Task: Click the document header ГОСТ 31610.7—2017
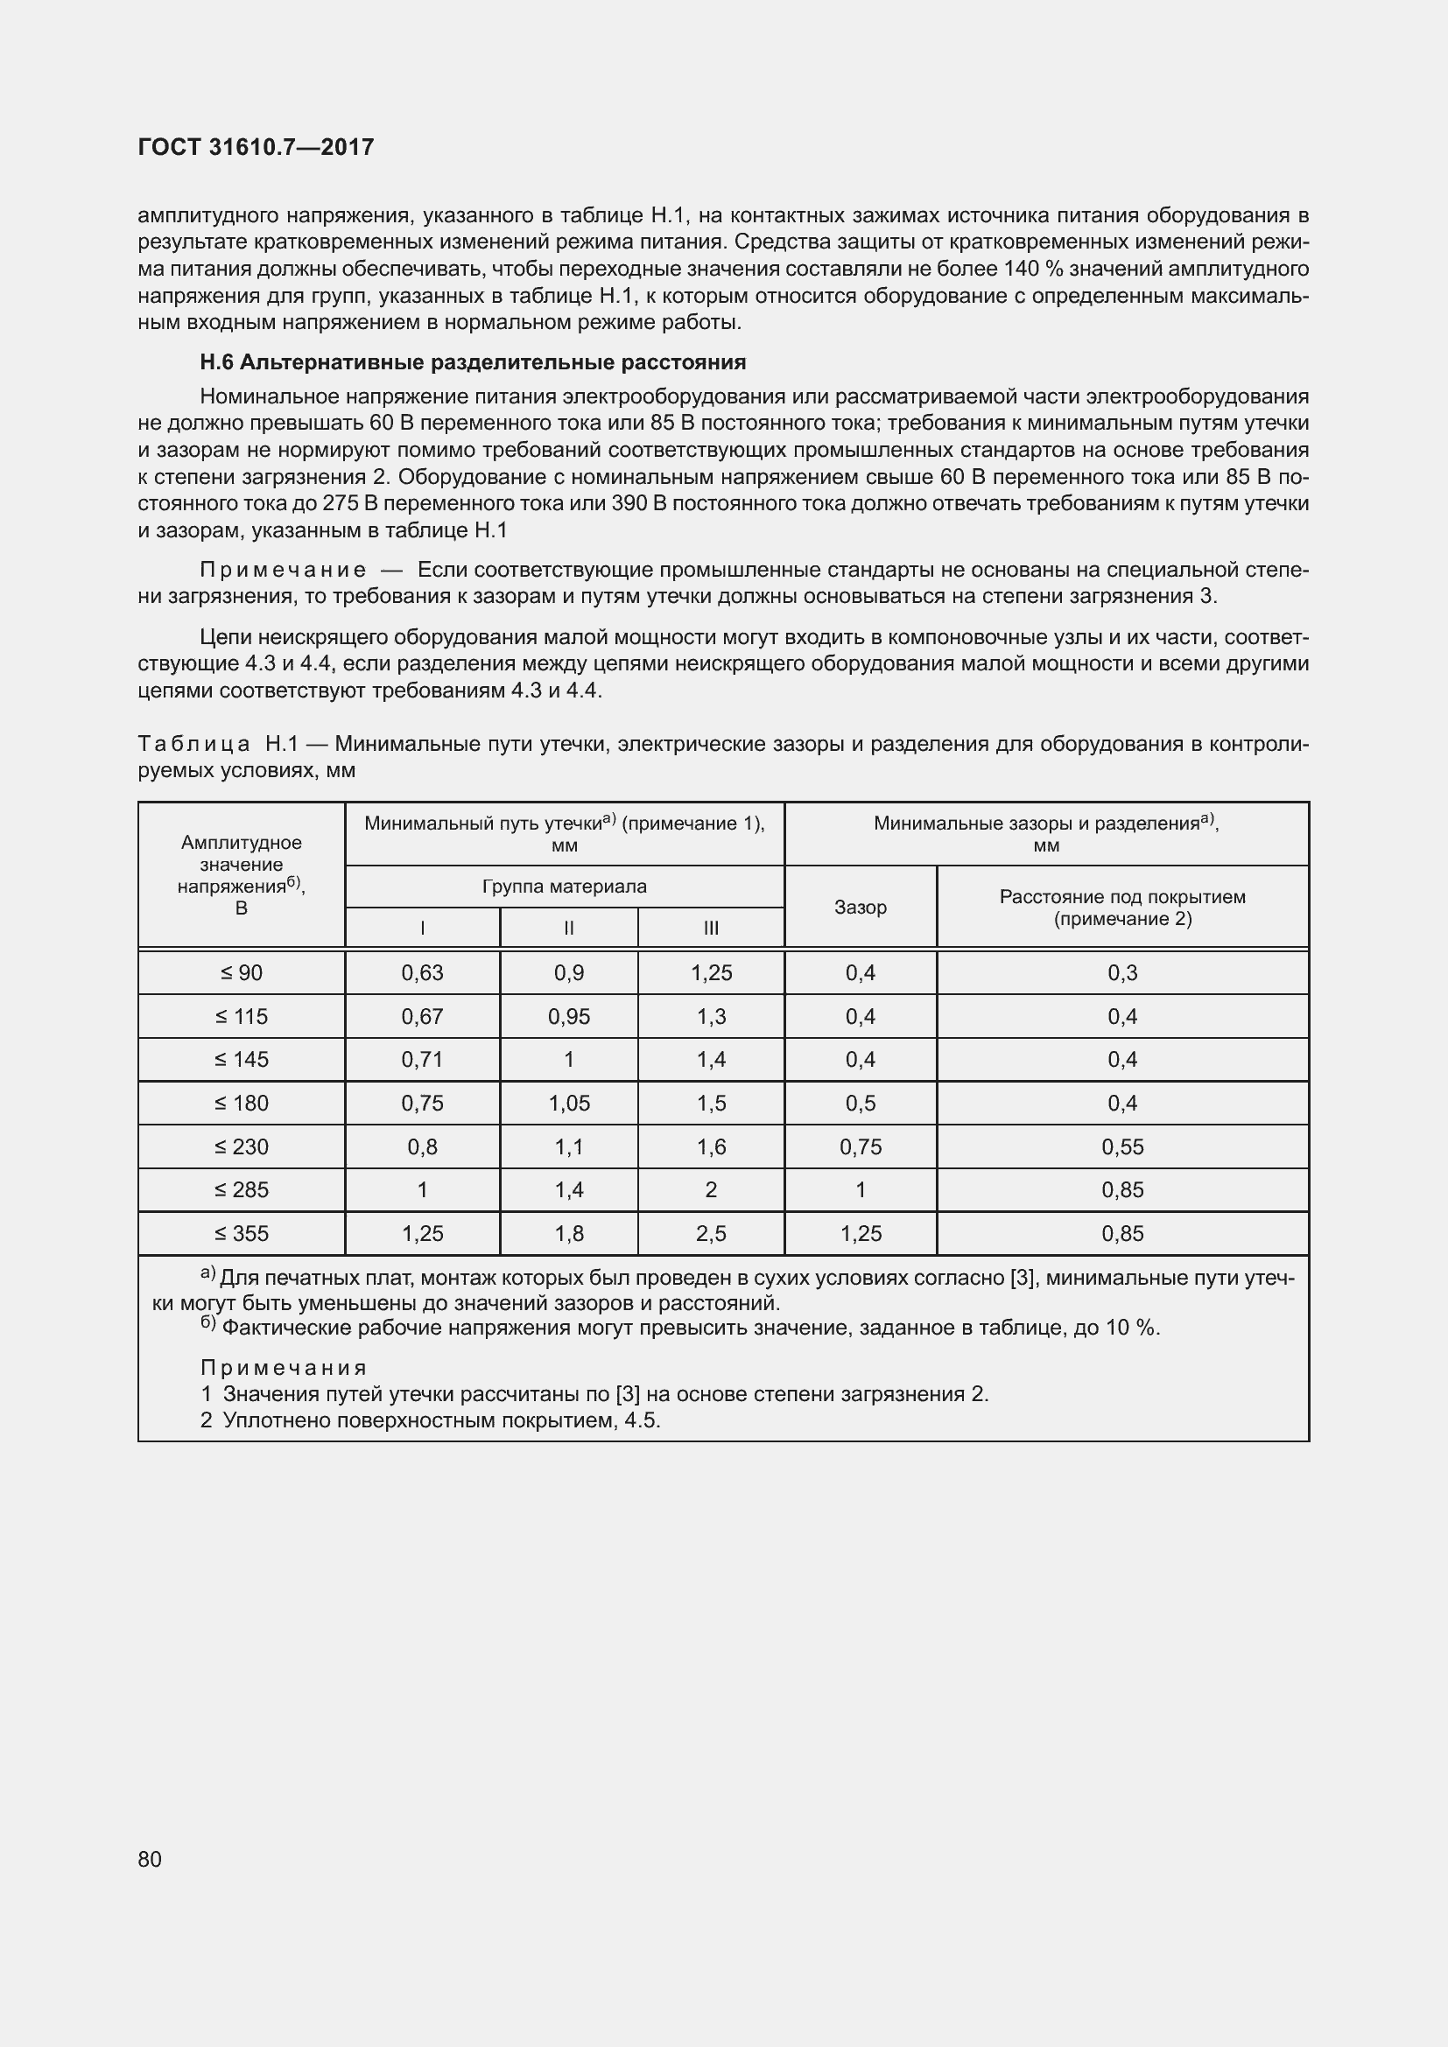(x=256, y=147)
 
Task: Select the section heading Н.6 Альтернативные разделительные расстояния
(x=473, y=362)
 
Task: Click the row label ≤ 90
(x=241, y=972)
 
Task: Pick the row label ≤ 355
(x=241, y=1233)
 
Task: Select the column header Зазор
(x=860, y=907)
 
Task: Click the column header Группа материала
(x=565, y=887)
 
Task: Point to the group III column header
(x=711, y=928)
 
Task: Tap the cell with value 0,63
(x=422, y=972)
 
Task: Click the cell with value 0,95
(x=569, y=1016)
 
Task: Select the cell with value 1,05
(x=569, y=1103)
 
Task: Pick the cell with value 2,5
(x=711, y=1233)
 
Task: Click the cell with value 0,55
(x=1121, y=1146)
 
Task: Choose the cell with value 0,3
(x=1121, y=972)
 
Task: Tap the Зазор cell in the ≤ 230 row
(x=860, y=1146)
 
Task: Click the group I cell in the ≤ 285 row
(x=422, y=1189)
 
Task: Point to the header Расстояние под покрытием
(x=1121, y=897)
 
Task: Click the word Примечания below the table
(x=284, y=1368)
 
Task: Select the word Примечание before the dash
(x=283, y=570)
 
